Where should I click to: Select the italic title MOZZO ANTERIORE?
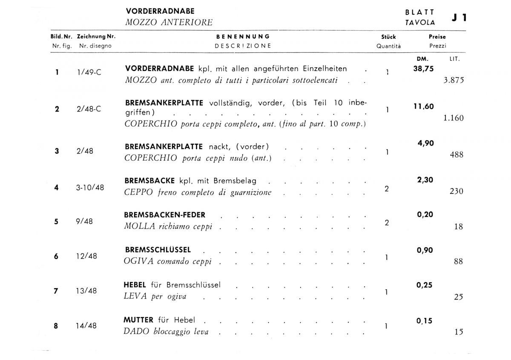click(x=169, y=23)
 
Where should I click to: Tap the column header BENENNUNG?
click(x=243, y=37)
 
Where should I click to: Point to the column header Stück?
click(x=388, y=37)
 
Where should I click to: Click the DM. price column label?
click(x=422, y=59)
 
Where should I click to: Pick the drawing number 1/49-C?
click(x=89, y=72)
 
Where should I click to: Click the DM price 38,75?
click(x=423, y=68)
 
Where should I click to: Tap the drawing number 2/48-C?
click(x=89, y=109)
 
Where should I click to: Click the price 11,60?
click(x=424, y=106)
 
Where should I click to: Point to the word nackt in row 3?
click(x=218, y=147)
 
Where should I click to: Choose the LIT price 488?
click(x=456, y=155)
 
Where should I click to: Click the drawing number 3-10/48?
click(x=90, y=187)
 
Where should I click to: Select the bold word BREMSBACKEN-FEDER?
click(x=165, y=215)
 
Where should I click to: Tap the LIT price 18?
click(x=458, y=227)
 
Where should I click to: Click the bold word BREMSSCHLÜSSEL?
click(x=158, y=250)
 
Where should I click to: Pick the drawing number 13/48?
click(x=86, y=291)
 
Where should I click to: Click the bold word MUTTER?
click(x=139, y=320)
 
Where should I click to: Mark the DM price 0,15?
click(x=424, y=321)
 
